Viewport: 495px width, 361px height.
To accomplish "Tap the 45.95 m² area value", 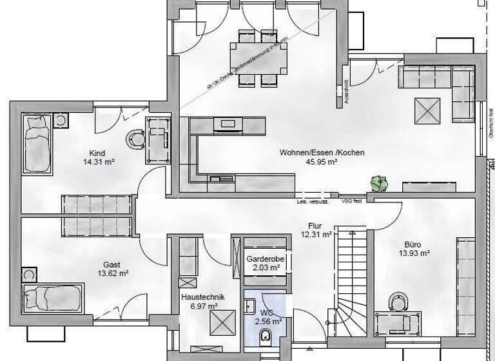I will coord(322,163).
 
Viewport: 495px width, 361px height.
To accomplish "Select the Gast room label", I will coord(112,264).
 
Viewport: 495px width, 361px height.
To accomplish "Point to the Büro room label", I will coord(412,244).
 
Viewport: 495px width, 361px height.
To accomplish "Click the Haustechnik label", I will coord(202,297).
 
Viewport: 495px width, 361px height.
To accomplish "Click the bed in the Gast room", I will coord(53,298).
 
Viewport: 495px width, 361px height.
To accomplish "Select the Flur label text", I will coord(316,226).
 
